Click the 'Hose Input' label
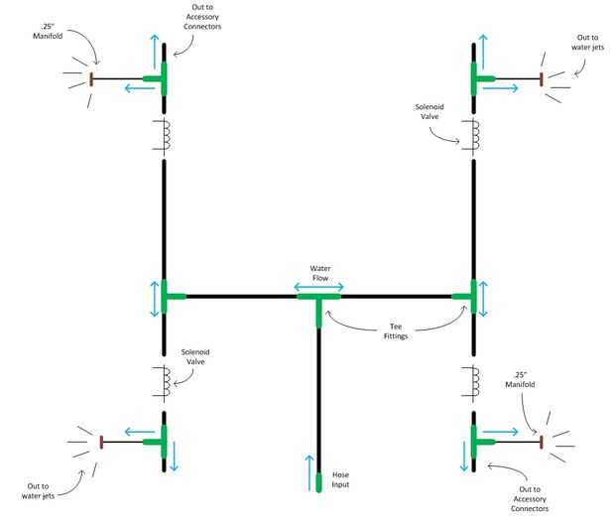pos(340,479)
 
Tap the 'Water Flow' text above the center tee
pos(318,273)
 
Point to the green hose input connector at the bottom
pos(318,483)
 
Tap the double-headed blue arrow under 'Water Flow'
pos(318,287)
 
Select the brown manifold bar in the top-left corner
pos(92,79)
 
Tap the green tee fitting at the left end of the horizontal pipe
pos(168,296)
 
